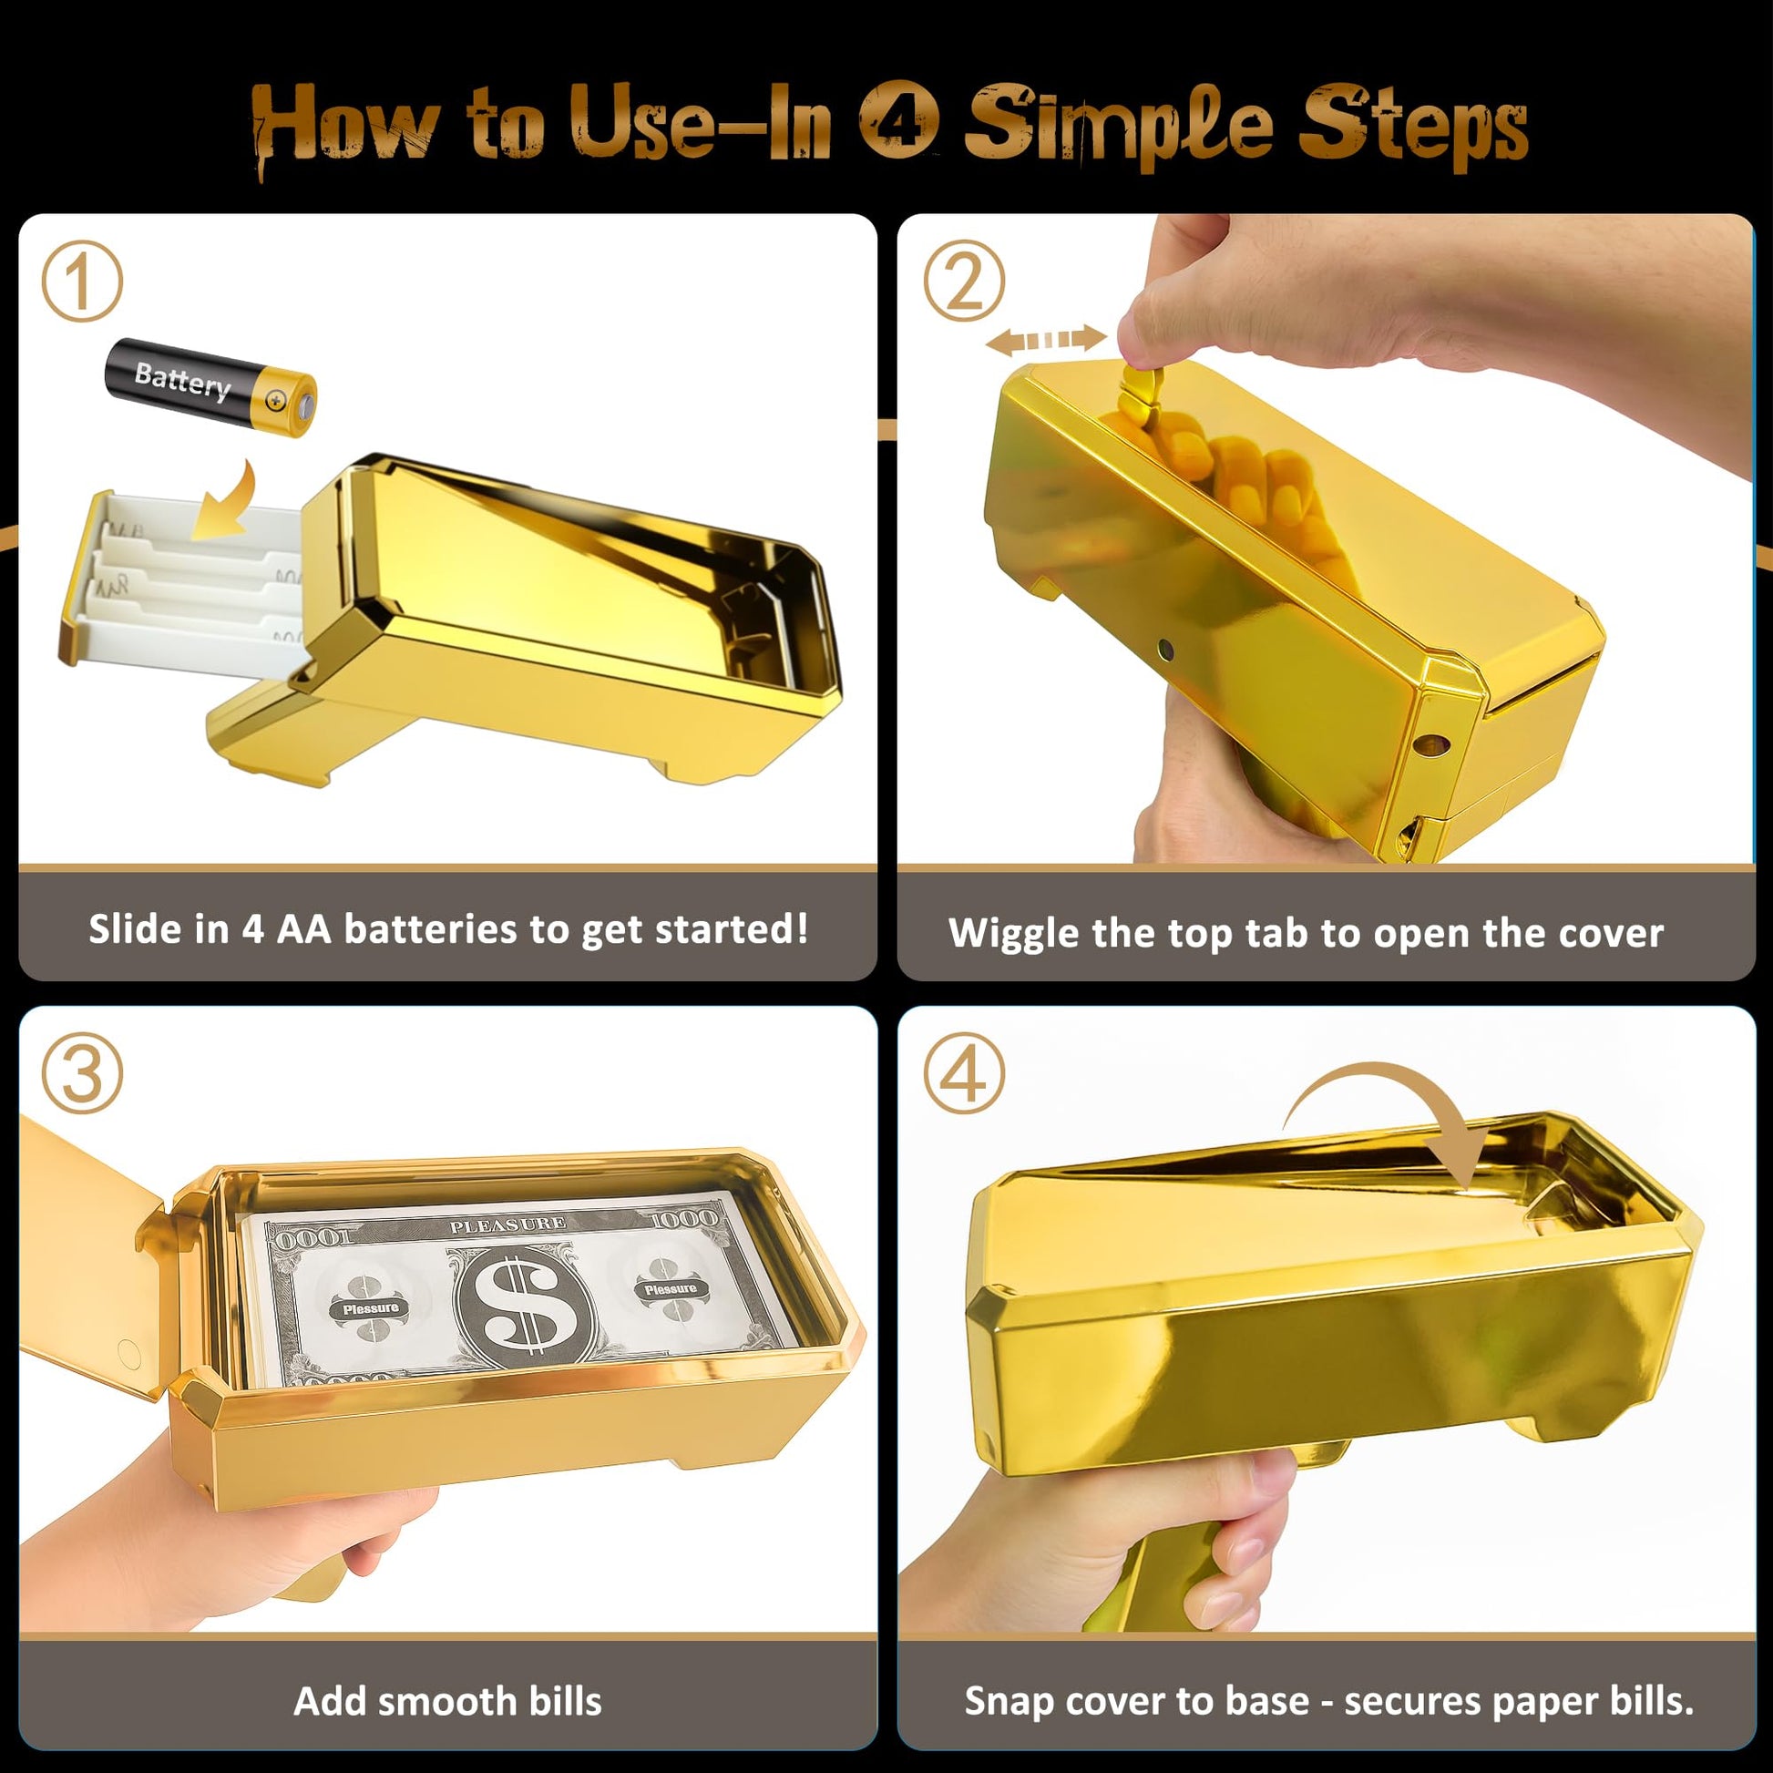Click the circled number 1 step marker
(x=83, y=282)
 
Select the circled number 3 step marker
(x=83, y=1073)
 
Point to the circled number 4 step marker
(x=964, y=1072)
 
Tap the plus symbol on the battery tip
(x=274, y=400)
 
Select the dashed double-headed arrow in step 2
(x=1045, y=341)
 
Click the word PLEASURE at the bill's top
(x=507, y=1225)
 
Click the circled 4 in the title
(x=899, y=122)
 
